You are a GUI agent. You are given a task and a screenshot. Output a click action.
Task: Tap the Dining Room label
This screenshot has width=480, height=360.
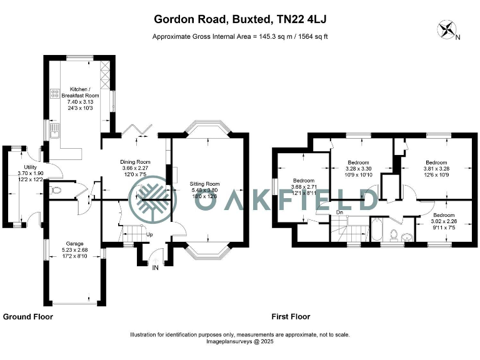coord(136,162)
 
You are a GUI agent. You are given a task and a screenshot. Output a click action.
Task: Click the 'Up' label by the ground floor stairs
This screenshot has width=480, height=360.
coord(149,234)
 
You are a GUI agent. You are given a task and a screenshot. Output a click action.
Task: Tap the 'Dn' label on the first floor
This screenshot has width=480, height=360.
coord(340,212)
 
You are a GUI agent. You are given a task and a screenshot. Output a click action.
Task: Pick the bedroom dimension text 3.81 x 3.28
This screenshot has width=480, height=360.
coord(437,167)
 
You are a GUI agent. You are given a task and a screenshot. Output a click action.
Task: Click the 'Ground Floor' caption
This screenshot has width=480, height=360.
coord(28,317)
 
